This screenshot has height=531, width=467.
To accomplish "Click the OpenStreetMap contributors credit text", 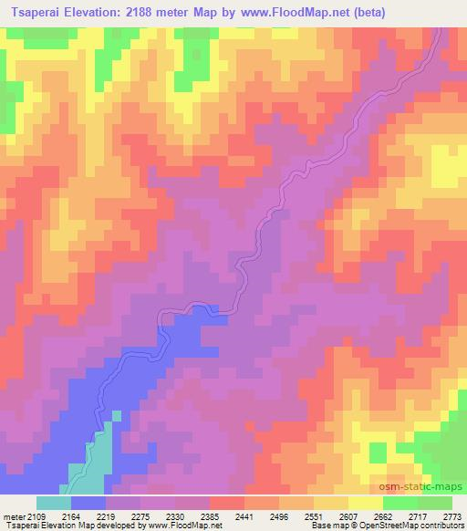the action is pyautogui.click(x=419, y=526).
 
